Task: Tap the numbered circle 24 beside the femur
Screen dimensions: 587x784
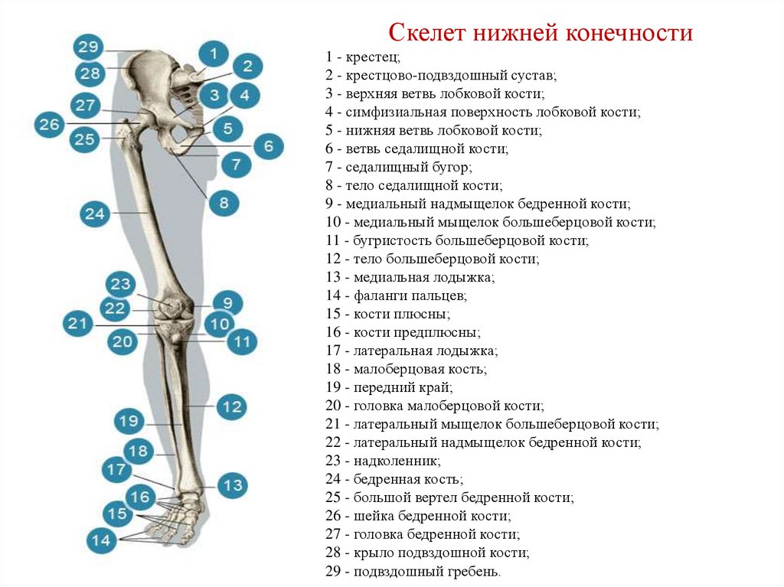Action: pos(95,214)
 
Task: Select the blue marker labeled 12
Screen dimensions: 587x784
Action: pos(231,406)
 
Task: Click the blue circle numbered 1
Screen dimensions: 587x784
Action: pos(214,54)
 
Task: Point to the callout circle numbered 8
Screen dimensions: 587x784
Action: pos(224,203)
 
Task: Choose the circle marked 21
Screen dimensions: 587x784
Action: pos(77,324)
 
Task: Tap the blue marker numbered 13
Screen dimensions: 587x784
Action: pos(233,485)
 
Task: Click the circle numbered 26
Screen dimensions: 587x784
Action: pos(50,124)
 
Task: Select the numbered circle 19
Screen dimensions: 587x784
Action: pos(129,421)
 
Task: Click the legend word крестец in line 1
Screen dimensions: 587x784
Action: pos(372,57)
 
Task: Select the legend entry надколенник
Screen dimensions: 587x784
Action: pos(396,461)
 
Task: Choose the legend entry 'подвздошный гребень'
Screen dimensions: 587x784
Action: pos(426,572)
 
